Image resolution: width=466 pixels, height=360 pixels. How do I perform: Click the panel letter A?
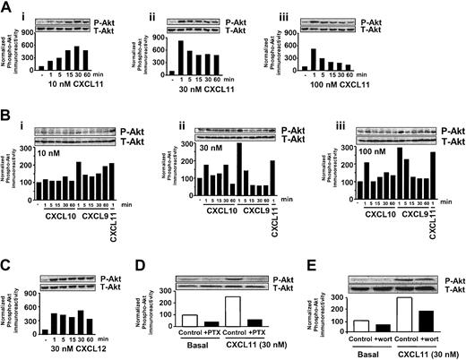(x=7, y=8)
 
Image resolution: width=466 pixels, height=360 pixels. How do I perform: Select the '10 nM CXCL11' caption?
(x=72, y=83)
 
